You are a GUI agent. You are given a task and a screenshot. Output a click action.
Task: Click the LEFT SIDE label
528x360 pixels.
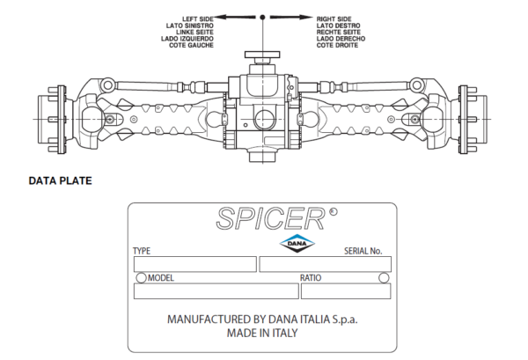tap(198, 19)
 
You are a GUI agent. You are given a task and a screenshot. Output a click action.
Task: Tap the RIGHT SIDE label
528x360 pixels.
tap(334, 19)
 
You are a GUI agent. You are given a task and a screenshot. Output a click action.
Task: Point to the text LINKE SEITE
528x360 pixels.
tap(194, 33)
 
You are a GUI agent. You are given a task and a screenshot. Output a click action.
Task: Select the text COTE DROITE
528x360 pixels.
tap(337, 45)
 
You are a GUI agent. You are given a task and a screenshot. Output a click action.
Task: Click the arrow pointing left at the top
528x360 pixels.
tap(235, 17)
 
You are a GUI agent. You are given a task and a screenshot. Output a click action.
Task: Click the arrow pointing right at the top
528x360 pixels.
tap(291, 17)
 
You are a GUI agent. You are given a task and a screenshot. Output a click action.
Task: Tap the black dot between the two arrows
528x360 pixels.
tap(262, 17)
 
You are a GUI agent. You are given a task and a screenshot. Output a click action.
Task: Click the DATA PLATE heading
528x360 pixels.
tap(60, 180)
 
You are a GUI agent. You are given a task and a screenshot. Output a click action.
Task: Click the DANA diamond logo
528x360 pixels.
tap(297, 243)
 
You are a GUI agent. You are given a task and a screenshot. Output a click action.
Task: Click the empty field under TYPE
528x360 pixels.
tap(195, 264)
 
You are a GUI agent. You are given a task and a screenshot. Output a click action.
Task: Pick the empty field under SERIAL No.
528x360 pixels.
tap(326, 264)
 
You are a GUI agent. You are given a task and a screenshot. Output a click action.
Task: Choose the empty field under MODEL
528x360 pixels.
tap(216, 291)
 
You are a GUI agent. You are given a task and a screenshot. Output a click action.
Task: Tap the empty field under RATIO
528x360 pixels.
tap(346, 291)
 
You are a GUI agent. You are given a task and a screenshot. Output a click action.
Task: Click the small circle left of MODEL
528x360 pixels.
tap(142, 278)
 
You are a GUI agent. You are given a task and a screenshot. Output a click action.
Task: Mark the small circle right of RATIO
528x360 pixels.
tap(384, 278)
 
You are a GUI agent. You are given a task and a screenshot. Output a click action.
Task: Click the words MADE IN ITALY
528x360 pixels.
tap(262, 333)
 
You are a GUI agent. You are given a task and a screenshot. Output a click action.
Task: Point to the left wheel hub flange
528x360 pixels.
tap(62, 120)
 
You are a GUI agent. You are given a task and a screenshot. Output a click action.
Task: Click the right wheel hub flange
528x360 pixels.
tap(464, 120)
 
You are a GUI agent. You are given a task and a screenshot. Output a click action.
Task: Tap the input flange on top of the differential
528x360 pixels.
tap(262, 55)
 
